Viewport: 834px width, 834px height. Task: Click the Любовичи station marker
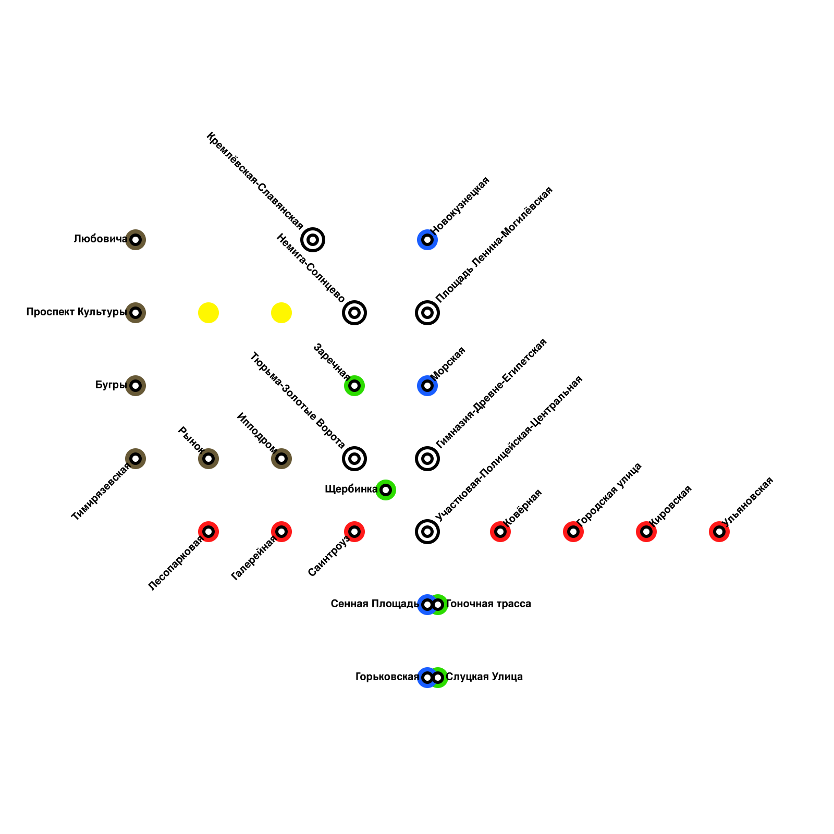(x=136, y=240)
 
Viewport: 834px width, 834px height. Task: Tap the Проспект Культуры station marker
(x=136, y=313)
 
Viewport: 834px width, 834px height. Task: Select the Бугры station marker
(x=136, y=386)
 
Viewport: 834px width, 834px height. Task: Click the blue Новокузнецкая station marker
(x=427, y=240)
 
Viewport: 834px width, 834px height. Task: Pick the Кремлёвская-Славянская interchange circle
(x=313, y=240)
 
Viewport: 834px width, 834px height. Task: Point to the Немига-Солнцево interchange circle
(x=354, y=313)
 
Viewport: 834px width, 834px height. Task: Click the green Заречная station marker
(x=354, y=386)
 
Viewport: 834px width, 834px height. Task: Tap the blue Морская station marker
(x=427, y=386)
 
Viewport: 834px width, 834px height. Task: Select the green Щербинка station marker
(x=386, y=490)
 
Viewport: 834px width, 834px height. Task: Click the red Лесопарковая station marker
(x=208, y=532)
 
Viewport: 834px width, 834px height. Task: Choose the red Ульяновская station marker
(x=719, y=532)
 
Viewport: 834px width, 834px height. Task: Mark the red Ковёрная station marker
(x=500, y=532)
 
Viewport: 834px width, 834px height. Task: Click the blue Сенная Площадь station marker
(x=426, y=605)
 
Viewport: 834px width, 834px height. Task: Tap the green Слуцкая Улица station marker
(x=439, y=678)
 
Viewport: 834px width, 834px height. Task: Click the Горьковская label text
(x=387, y=677)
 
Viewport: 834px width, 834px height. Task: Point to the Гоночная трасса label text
(x=488, y=604)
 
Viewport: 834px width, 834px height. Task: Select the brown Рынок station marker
(x=208, y=459)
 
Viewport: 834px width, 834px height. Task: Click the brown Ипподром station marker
(x=281, y=459)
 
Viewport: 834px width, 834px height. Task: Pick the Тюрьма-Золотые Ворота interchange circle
(x=354, y=459)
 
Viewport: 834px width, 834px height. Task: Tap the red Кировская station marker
(x=646, y=532)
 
